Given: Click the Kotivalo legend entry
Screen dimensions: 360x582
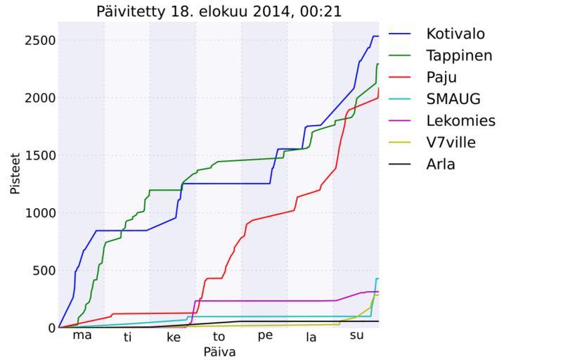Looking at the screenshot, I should click(x=455, y=34).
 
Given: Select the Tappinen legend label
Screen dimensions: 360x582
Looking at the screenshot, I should click(x=459, y=56).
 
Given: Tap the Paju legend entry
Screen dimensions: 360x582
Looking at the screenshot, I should click(x=441, y=77).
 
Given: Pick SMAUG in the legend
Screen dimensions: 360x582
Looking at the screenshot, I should click(x=453, y=99).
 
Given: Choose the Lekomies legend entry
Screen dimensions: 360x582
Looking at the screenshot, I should click(x=460, y=121).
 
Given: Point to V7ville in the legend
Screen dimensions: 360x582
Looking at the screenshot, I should click(x=451, y=143).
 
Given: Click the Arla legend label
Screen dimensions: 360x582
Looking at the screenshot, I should click(x=441, y=165).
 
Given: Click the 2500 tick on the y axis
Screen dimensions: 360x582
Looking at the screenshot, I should click(x=39, y=41).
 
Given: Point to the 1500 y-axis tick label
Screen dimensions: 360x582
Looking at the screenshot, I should click(x=39, y=155).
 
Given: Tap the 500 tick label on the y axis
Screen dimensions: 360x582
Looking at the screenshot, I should click(x=43, y=271).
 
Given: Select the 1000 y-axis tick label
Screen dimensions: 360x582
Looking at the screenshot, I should click(x=39, y=213).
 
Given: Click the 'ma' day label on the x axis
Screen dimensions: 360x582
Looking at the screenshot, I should click(x=82, y=335).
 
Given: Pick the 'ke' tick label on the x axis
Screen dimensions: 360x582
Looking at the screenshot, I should click(x=173, y=337).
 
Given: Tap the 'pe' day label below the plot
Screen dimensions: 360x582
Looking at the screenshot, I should click(x=265, y=335).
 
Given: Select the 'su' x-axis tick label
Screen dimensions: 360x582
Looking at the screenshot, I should click(x=356, y=335).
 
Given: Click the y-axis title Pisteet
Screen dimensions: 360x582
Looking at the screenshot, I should click(x=15, y=174).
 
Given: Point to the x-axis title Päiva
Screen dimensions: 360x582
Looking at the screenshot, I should click(x=219, y=351).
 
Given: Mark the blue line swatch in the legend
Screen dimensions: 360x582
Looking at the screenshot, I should click(x=401, y=34).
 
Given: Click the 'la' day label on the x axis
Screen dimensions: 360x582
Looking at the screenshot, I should click(x=311, y=337).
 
